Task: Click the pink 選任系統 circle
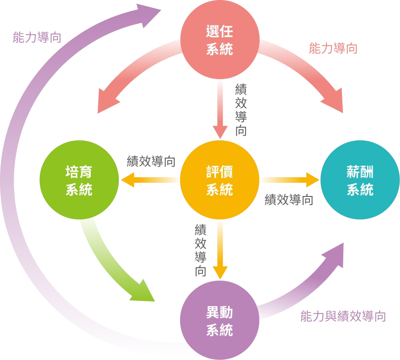[x=219, y=41]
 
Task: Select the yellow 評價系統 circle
[x=219, y=181]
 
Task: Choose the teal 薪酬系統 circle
[x=360, y=181]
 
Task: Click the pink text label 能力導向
[x=333, y=49]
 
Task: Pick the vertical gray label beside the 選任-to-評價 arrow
[x=241, y=110]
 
